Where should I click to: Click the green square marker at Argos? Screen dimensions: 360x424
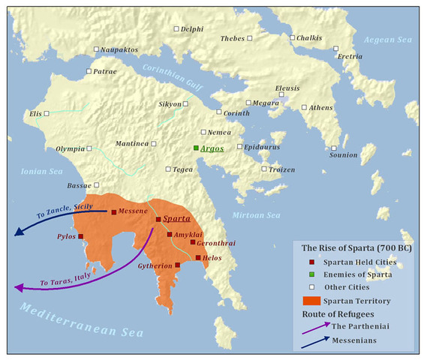pyautogui.click(x=196, y=148)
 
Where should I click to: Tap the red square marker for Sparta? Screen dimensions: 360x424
pyautogui.click(x=158, y=219)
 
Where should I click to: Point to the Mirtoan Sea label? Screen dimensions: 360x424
pyautogui.click(x=258, y=215)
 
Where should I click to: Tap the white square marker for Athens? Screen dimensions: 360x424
pyautogui.click(x=305, y=107)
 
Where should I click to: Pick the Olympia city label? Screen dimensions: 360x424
pyautogui.click(x=71, y=149)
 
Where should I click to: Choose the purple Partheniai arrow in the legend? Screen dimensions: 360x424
pyautogui.click(x=314, y=326)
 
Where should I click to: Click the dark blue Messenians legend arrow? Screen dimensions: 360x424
pyautogui.click(x=314, y=340)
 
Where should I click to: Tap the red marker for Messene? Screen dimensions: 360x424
pyautogui.click(x=113, y=212)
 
